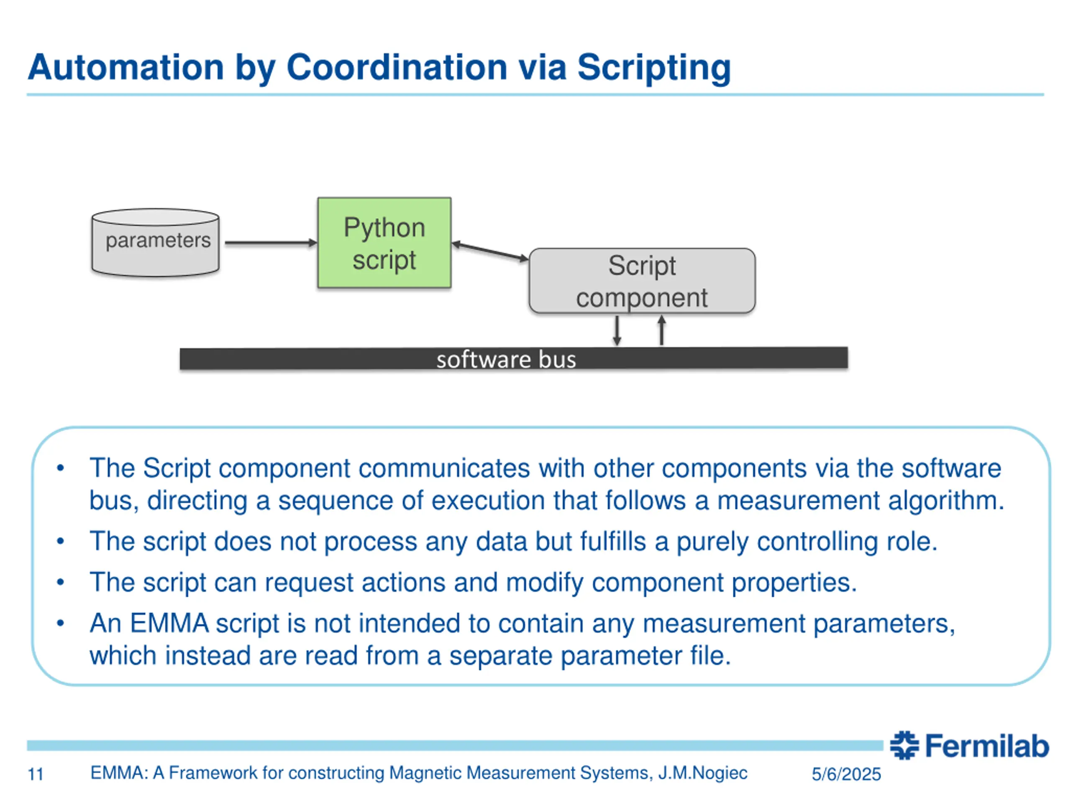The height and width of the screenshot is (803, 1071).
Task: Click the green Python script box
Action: (x=384, y=243)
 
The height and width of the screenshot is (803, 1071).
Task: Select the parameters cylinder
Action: (x=156, y=243)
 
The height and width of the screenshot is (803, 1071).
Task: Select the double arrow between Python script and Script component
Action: (x=490, y=252)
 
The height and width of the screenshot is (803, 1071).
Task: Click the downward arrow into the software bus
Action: (x=617, y=330)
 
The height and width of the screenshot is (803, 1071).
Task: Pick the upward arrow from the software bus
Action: (x=661, y=330)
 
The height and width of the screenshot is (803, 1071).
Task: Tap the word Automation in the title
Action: (x=126, y=67)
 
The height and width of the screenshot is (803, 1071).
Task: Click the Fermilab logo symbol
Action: (x=904, y=745)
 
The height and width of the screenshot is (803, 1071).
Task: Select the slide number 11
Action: (x=36, y=775)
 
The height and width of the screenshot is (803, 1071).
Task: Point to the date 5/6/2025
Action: (x=846, y=775)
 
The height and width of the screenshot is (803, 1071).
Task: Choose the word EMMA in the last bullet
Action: (x=169, y=623)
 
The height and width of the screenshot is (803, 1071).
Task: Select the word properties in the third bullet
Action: (x=794, y=582)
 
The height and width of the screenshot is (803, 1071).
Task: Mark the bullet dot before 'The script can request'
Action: (x=61, y=582)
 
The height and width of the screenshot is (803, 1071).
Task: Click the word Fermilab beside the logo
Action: (x=987, y=746)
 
